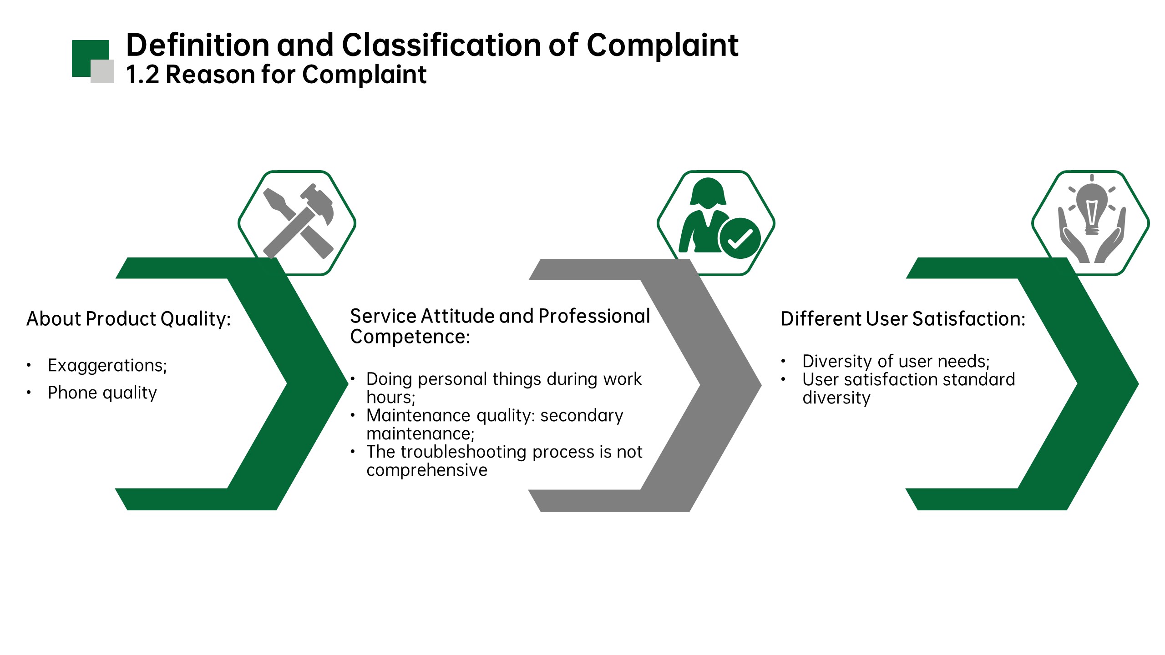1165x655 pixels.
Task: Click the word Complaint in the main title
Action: (662, 45)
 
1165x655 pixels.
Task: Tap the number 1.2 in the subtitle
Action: (142, 75)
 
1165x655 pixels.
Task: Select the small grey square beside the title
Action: (102, 71)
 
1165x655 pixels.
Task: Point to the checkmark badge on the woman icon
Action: (740, 238)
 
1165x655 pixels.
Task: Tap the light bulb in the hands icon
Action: (1092, 207)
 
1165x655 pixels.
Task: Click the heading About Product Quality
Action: (129, 319)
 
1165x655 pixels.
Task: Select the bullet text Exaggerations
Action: (107, 365)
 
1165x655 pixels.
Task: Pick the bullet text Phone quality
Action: (102, 393)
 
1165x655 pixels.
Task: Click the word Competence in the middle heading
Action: (410, 337)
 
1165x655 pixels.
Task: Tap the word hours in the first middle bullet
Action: (390, 398)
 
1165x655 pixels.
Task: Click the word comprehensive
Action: (427, 470)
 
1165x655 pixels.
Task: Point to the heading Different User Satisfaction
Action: (903, 319)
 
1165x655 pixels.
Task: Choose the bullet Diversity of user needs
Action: (896, 361)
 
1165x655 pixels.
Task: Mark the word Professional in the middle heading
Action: (594, 316)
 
